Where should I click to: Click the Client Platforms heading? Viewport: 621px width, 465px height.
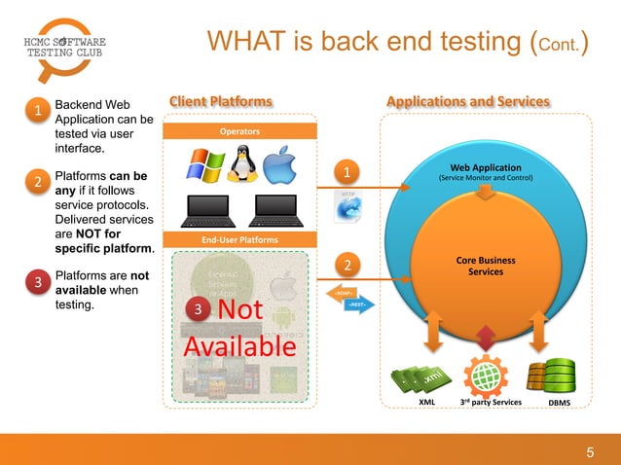221,101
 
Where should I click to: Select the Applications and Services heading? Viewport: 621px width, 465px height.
468,101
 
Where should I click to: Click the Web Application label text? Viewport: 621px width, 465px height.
485,167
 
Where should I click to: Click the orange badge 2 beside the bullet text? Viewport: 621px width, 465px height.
37,182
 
